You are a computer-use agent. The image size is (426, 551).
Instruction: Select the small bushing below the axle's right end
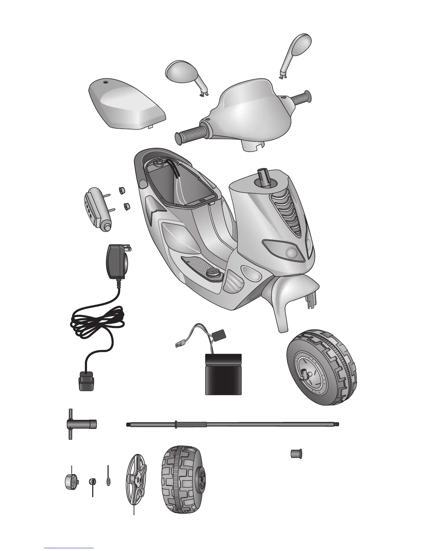click(296, 454)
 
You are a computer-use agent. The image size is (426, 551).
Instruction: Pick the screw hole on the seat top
click(105, 83)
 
